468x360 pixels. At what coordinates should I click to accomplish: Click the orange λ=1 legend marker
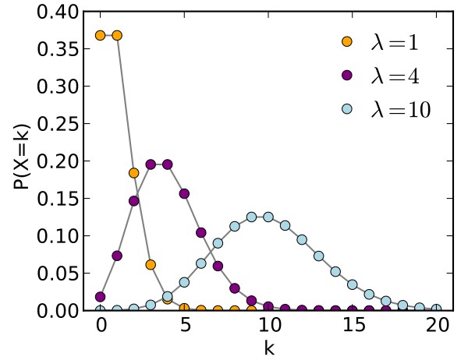click(x=347, y=41)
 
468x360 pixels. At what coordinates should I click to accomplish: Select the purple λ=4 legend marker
click(x=347, y=76)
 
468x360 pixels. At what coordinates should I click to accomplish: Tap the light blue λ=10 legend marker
click(x=347, y=110)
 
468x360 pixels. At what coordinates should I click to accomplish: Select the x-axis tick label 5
click(x=184, y=326)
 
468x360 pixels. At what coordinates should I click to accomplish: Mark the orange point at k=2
click(x=134, y=173)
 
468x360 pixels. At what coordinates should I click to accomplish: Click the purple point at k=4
click(x=168, y=164)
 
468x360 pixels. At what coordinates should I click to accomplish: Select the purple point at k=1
click(x=117, y=256)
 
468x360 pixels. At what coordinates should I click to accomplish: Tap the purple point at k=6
click(x=201, y=232)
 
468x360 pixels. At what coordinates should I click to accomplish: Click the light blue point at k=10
click(x=268, y=217)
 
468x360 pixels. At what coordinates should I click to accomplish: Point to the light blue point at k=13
click(x=318, y=256)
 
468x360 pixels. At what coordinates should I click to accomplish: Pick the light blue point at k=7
click(x=218, y=243)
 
